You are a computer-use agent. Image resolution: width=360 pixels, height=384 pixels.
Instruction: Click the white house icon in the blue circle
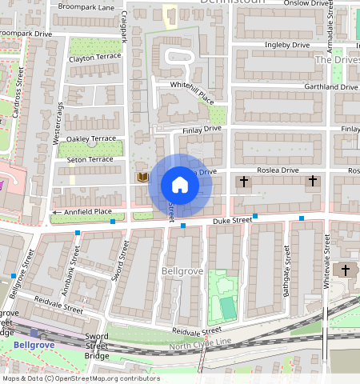coord(180,186)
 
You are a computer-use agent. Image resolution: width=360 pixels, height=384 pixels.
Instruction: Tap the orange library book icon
coord(142,176)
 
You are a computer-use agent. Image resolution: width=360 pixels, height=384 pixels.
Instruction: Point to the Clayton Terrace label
coord(94,58)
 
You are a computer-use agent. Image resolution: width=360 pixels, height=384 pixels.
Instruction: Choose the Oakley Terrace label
coord(92,138)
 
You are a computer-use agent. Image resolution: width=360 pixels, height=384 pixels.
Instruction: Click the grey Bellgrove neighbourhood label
coord(182,272)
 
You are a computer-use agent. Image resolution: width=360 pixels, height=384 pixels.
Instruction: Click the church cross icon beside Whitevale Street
coord(345,270)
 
